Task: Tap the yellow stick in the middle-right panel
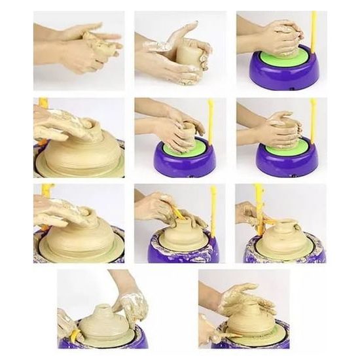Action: coord(313,121)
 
